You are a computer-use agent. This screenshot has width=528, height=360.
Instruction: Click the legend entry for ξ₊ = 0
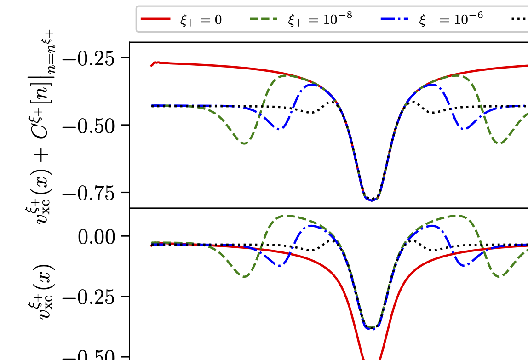click(201, 20)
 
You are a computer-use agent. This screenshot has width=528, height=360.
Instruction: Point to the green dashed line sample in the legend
click(264, 19)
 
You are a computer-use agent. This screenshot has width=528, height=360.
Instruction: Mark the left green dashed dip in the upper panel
click(244, 143)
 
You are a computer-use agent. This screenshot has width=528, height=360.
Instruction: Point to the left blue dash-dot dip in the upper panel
click(279, 129)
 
